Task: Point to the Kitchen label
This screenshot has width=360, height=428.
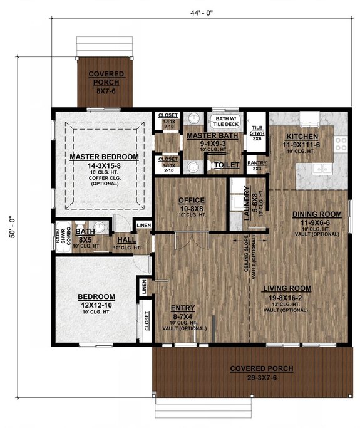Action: (x=303, y=137)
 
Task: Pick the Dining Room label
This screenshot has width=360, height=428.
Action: (x=317, y=214)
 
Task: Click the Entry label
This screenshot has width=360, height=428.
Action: (x=183, y=308)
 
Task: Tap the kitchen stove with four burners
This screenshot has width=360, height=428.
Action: (x=341, y=144)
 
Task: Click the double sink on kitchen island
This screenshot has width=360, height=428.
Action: (x=324, y=168)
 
